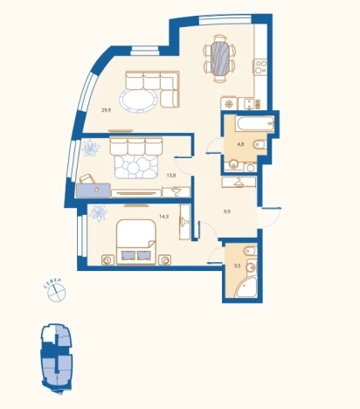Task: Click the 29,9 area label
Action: point(107,110)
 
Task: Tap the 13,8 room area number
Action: point(171,176)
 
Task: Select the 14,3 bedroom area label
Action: point(164,217)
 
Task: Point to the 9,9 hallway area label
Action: point(227,211)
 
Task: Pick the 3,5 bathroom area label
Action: point(238,266)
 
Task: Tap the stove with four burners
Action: point(260,66)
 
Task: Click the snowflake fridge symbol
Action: point(229,104)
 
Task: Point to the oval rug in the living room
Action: point(138,100)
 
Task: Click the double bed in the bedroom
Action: point(135,242)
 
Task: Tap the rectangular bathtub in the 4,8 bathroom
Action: point(255,123)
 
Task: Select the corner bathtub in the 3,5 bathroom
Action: point(246,287)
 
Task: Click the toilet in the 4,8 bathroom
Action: point(260,144)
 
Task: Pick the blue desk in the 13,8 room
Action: point(93,191)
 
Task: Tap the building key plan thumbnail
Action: point(57,358)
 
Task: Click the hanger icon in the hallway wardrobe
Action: point(239,182)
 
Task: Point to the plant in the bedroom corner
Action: point(98,213)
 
